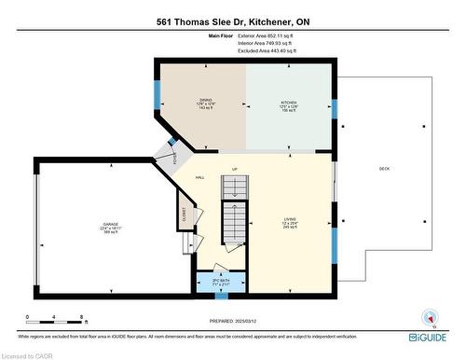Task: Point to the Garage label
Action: [109, 227]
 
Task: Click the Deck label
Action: [383, 169]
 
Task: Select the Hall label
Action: [199, 176]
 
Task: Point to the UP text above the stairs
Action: [235, 169]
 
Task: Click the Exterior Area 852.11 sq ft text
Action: [267, 35]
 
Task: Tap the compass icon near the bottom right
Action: [431, 317]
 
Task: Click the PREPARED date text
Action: [232, 322]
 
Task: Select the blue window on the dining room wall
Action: [157, 93]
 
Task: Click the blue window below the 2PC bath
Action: [221, 298]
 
